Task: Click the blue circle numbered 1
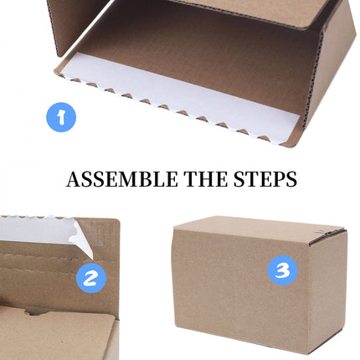pos(61,116)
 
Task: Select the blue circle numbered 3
pos(283,270)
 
